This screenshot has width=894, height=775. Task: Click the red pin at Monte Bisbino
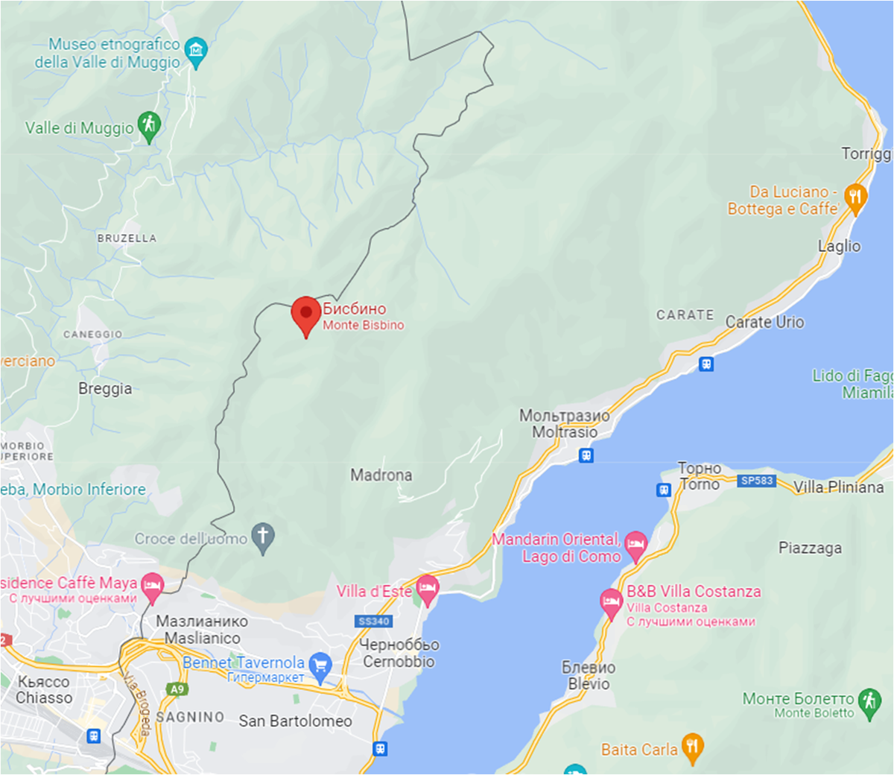305,314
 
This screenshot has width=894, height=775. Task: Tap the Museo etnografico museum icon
195,51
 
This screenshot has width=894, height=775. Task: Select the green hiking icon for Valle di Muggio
150,126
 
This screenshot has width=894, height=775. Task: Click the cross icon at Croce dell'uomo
262,537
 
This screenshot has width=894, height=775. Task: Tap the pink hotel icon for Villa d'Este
428,589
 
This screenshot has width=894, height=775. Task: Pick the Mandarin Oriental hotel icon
635,545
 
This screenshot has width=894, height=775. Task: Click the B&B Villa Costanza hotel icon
611,603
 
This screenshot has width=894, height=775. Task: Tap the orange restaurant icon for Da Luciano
855,197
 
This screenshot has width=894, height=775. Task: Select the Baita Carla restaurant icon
693,747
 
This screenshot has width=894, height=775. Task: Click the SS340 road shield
374,621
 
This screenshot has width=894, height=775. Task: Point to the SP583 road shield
757,481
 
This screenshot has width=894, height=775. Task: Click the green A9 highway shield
177,689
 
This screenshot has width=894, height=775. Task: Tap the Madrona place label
381,475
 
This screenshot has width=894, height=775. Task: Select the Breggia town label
105,388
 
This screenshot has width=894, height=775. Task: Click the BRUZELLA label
127,238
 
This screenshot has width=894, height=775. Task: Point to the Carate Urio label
765,322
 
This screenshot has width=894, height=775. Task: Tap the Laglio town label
839,246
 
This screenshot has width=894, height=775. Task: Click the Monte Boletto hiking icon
869,701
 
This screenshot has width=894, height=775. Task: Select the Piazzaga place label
810,548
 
